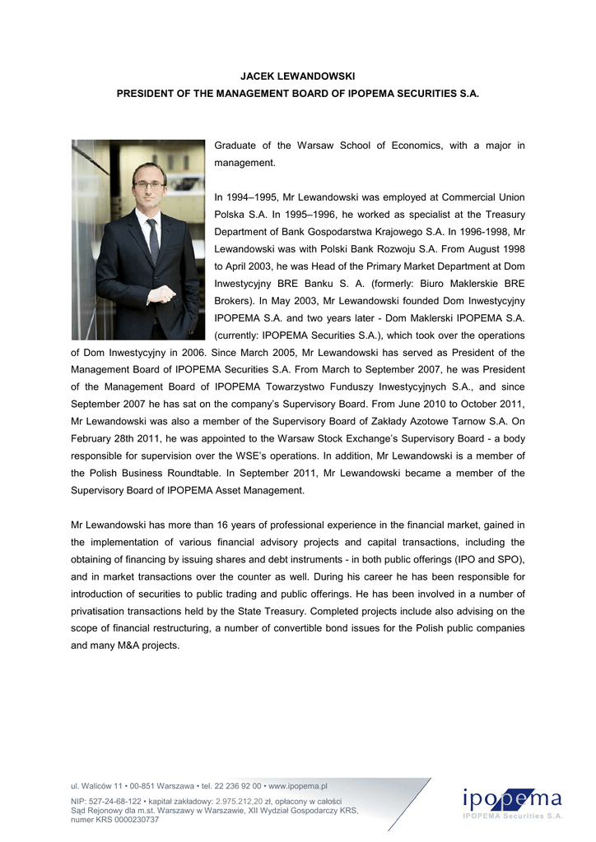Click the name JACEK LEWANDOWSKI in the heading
(297, 76)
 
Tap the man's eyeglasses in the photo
(150, 185)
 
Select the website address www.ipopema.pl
(299, 786)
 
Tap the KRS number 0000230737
(128, 820)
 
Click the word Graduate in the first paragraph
(237, 146)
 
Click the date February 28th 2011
(114, 439)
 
